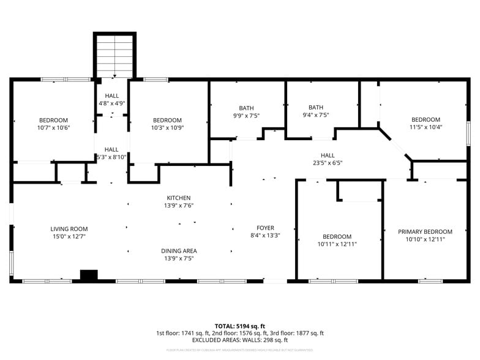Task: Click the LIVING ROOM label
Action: [69, 229]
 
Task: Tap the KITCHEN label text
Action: [179, 198]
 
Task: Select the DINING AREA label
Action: [179, 251]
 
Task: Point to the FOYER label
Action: [265, 228]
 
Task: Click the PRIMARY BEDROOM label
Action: [425, 231]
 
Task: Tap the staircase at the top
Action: [114, 56]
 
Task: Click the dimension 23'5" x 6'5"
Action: [328, 163]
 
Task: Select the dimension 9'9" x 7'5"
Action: [246, 115]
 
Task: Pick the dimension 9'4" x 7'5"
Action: [315, 115]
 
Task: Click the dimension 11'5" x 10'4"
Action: [426, 127]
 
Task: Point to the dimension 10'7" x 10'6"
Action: [54, 128]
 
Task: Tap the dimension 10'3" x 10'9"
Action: [167, 128]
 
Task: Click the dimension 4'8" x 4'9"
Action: [111, 103]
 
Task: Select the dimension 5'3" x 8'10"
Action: [111, 157]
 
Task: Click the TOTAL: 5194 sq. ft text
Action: [239, 326]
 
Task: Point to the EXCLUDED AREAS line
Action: [239, 340]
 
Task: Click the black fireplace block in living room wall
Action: [89, 276]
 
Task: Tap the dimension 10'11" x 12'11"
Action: [337, 244]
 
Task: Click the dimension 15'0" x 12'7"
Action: [69, 237]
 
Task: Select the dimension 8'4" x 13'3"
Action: [265, 235]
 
